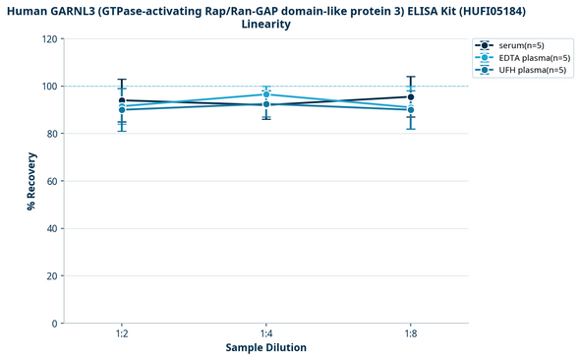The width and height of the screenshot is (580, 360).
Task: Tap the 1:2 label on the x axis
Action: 121,334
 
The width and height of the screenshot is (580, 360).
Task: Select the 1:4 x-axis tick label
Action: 265,334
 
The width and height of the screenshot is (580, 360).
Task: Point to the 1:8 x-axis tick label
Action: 410,334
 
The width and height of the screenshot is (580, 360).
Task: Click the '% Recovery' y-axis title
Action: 31,181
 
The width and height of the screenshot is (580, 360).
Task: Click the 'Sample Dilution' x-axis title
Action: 265,348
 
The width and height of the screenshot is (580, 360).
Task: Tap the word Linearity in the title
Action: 265,24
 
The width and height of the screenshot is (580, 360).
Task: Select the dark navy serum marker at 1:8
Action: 410,97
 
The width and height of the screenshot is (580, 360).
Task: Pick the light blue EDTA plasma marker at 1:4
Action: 265,94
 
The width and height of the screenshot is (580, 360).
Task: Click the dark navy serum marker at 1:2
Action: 121,100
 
